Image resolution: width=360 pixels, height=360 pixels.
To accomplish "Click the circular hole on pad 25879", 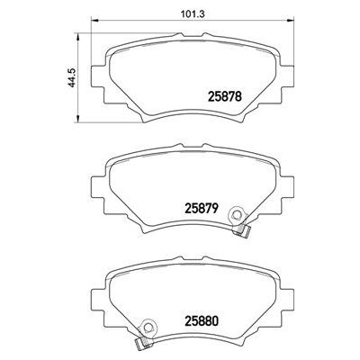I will pos(237,215).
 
